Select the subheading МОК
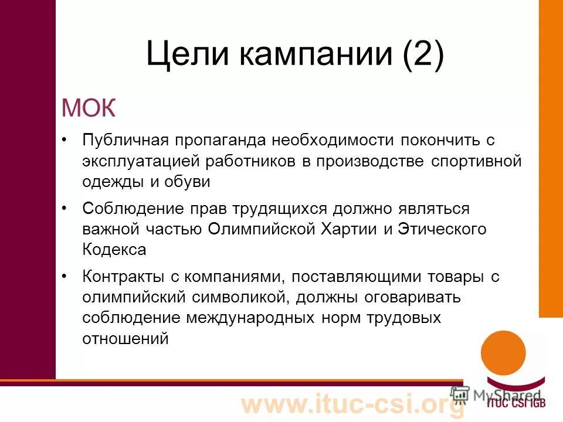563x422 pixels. [x=89, y=108]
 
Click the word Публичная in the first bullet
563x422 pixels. [x=126, y=141]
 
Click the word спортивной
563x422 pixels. [x=476, y=161]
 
